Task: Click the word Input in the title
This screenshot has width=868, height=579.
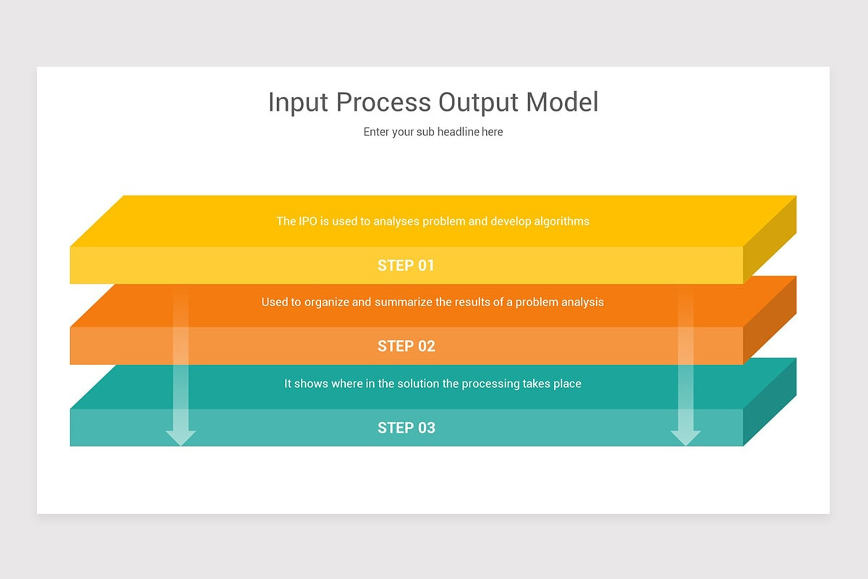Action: click(292, 103)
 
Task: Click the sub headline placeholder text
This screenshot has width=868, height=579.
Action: click(433, 132)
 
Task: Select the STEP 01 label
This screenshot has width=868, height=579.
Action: click(407, 266)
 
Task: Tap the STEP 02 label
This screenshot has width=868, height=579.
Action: click(407, 346)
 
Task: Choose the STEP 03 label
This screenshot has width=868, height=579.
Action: click(407, 428)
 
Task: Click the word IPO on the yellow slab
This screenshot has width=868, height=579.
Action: click(307, 221)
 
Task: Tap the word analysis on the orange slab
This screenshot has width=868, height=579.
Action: click(581, 302)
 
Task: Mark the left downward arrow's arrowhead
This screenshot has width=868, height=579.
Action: click(181, 437)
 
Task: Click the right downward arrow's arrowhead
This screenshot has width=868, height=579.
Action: click(686, 437)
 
